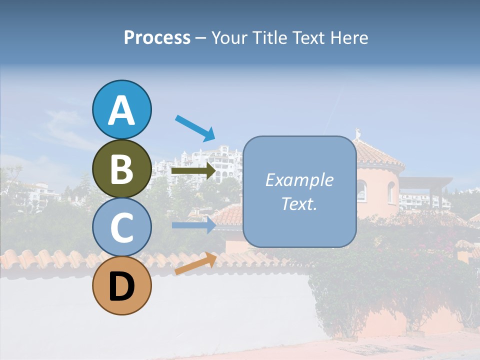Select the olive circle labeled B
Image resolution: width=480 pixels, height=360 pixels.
[x=121, y=168]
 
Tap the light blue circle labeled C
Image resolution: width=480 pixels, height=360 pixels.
[x=121, y=227]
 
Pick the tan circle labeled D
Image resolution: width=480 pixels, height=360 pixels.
[x=121, y=285]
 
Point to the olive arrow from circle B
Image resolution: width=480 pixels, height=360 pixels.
[x=193, y=171]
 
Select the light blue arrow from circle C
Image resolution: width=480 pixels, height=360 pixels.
[x=193, y=225]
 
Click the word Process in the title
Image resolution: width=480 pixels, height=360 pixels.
[x=157, y=38]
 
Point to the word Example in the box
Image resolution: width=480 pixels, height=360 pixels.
[x=299, y=180]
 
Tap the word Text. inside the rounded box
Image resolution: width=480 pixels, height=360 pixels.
[x=299, y=204]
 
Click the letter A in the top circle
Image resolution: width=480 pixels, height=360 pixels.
[x=121, y=110]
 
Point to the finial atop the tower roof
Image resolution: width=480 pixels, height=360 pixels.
[x=357, y=134]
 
